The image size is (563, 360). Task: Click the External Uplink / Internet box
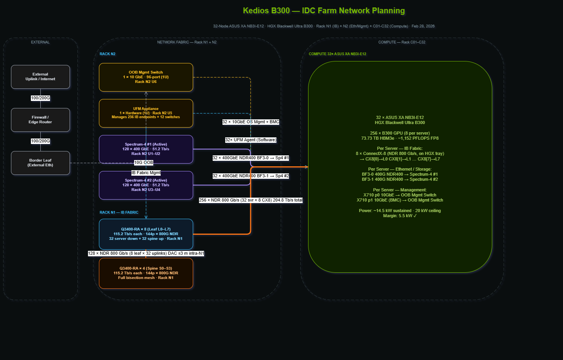(40, 77)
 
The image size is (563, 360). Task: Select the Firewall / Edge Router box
(40, 120)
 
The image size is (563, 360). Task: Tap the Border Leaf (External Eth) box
(40, 163)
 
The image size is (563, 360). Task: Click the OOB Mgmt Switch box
(146, 77)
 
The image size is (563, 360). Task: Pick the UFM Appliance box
(146, 113)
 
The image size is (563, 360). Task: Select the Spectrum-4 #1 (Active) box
(146, 149)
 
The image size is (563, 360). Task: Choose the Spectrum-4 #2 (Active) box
(146, 185)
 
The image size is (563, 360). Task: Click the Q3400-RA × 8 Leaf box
(146, 234)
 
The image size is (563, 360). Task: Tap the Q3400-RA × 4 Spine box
(146, 273)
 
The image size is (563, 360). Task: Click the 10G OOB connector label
(143, 162)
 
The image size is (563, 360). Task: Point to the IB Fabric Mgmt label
(146, 173)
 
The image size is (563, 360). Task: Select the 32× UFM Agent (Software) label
(251, 140)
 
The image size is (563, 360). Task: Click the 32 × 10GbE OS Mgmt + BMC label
(251, 122)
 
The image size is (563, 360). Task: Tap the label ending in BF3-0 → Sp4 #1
(251, 158)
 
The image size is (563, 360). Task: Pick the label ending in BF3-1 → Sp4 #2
(251, 176)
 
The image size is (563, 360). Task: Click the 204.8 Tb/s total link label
(251, 200)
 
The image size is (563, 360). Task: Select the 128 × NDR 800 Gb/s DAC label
(146, 253)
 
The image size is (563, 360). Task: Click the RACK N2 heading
(108, 54)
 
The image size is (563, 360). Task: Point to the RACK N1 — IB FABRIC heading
(119, 212)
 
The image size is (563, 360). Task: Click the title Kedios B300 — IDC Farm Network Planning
(324, 11)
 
